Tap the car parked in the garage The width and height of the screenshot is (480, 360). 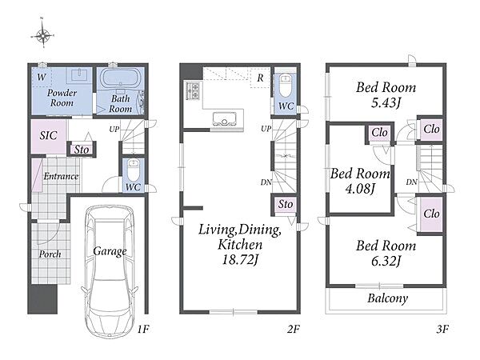click(x=110, y=272)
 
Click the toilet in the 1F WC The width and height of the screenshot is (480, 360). click(x=133, y=170)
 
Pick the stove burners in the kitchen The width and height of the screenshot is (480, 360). click(x=193, y=91)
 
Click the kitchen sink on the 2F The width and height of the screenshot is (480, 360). click(x=225, y=118)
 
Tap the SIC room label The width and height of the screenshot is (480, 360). click(x=48, y=135)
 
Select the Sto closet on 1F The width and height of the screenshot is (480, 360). click(x=82, y=150)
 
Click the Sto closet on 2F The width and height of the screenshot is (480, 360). click(x=286, y=204)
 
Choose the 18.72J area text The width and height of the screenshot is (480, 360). click(x=240, y=260)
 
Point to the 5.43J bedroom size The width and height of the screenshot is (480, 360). click(x=386, y=102)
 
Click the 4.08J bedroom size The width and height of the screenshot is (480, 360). click(x=360, y=189)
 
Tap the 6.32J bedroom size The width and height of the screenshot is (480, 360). click(x=386, y=261)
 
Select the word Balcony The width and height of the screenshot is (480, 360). click(x=387, y=298)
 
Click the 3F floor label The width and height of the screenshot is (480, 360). click(x=442, y=330)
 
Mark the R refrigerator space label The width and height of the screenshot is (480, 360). click(x=260, y=78)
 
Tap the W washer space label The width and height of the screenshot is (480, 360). click(x=42, y=77)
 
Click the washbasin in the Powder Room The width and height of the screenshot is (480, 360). click(x=79, y=75)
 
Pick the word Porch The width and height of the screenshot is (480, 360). click(x=50, y=254)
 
